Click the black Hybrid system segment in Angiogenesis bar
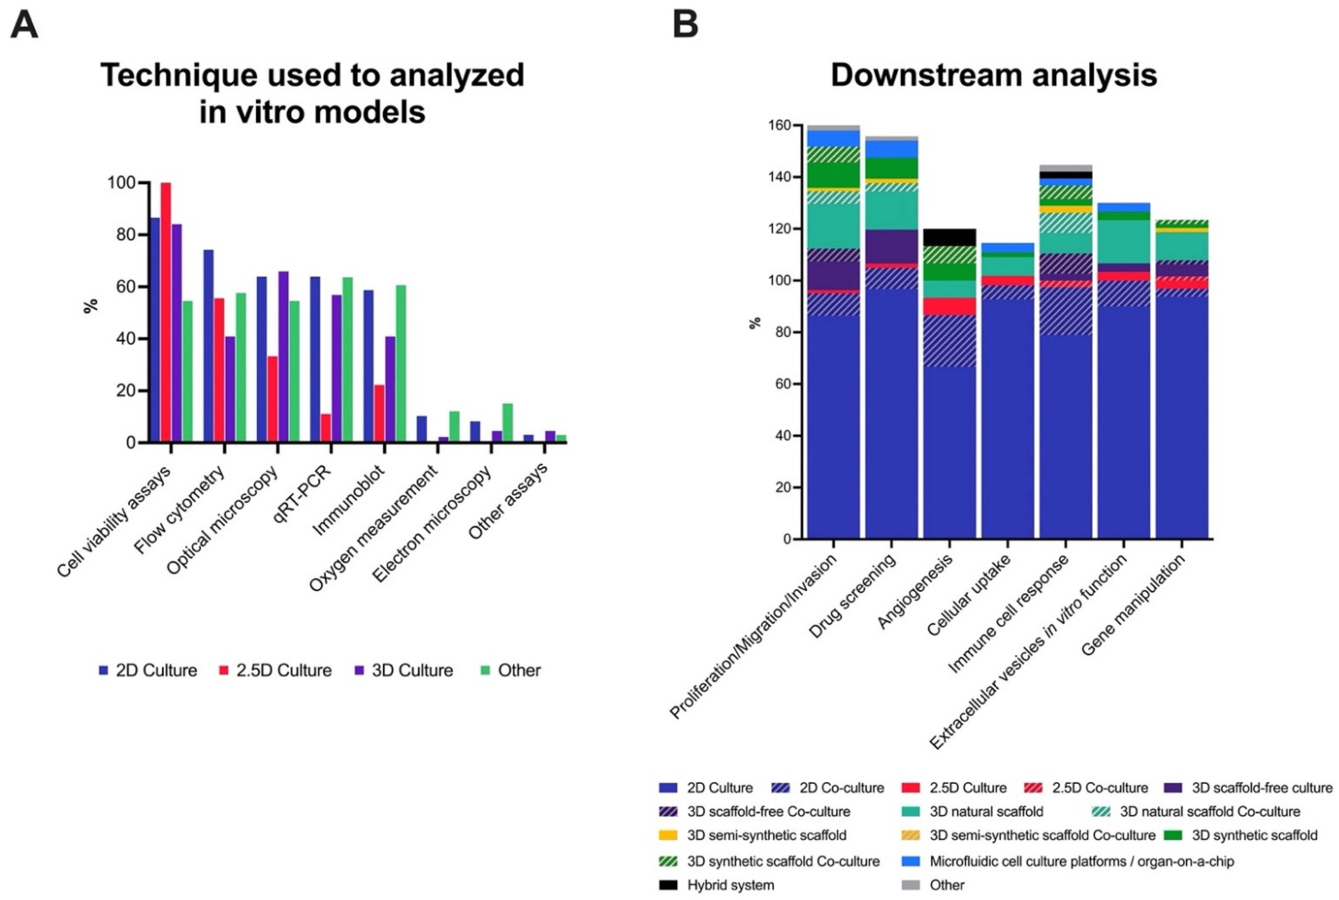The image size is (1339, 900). pyautogui.click(x=950, y=237)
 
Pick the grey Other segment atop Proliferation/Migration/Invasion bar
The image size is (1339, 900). pyautogui.click(x=833, y=128)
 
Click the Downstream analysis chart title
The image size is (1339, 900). pyautogui.click(x=994, y=75)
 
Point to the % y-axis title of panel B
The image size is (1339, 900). pyautogui.click(x=755, y=323)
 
